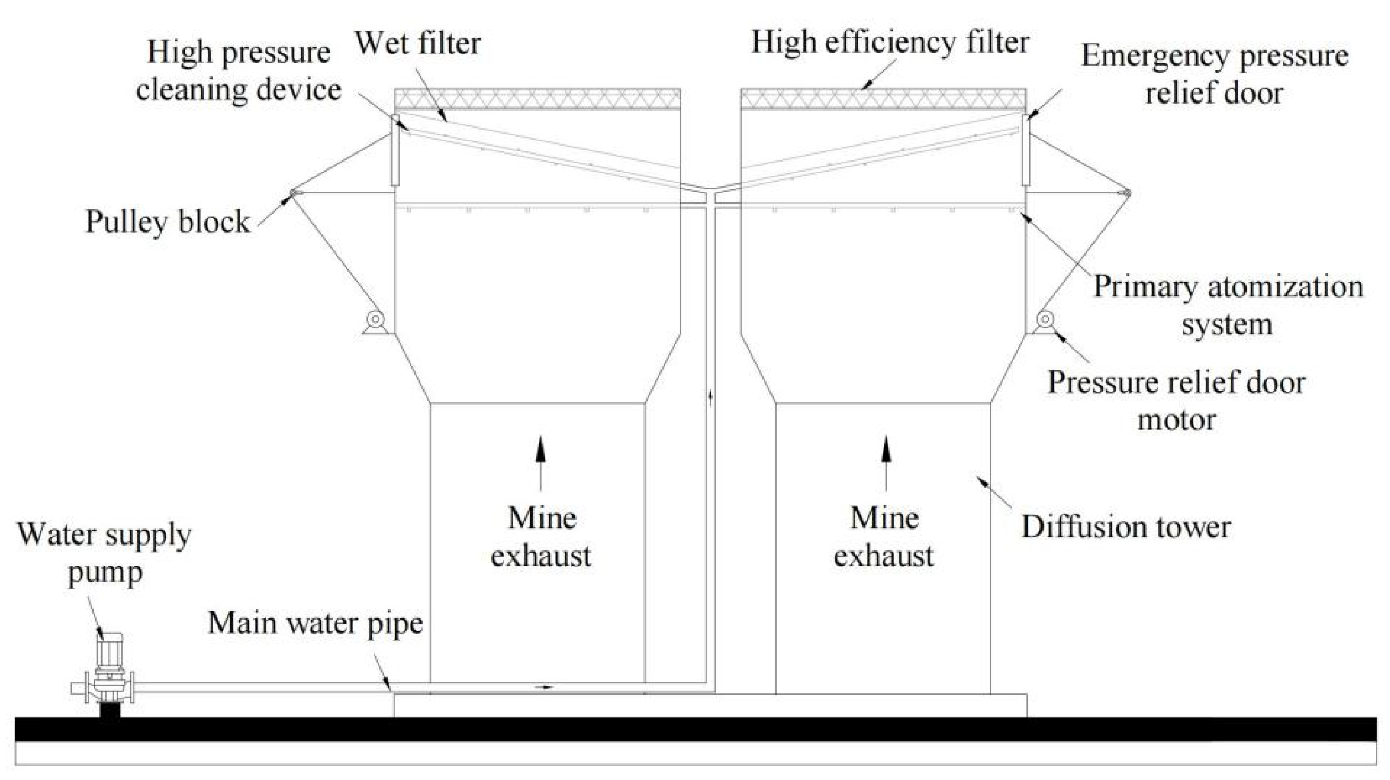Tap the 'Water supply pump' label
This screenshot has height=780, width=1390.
[104, 554]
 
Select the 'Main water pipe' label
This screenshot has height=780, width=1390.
[316, 624]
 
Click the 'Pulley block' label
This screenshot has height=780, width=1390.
[168, 222]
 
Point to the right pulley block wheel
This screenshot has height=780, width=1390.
[1126, 192]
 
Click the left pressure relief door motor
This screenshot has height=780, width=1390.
[375, 320]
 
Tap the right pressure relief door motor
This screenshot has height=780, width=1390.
[1045, 320]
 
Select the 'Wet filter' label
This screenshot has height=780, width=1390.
[417, 43]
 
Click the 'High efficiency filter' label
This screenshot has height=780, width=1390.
[890, 42]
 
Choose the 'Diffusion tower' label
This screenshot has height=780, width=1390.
[1126, 527]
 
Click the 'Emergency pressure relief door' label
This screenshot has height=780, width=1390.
[1215, 74]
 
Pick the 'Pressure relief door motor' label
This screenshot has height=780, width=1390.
[1176, 401]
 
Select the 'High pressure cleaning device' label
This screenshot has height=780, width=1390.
[239, 71]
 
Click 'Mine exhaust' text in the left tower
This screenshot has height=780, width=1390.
[541, 537]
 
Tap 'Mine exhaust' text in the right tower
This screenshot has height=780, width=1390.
[884, 537]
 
